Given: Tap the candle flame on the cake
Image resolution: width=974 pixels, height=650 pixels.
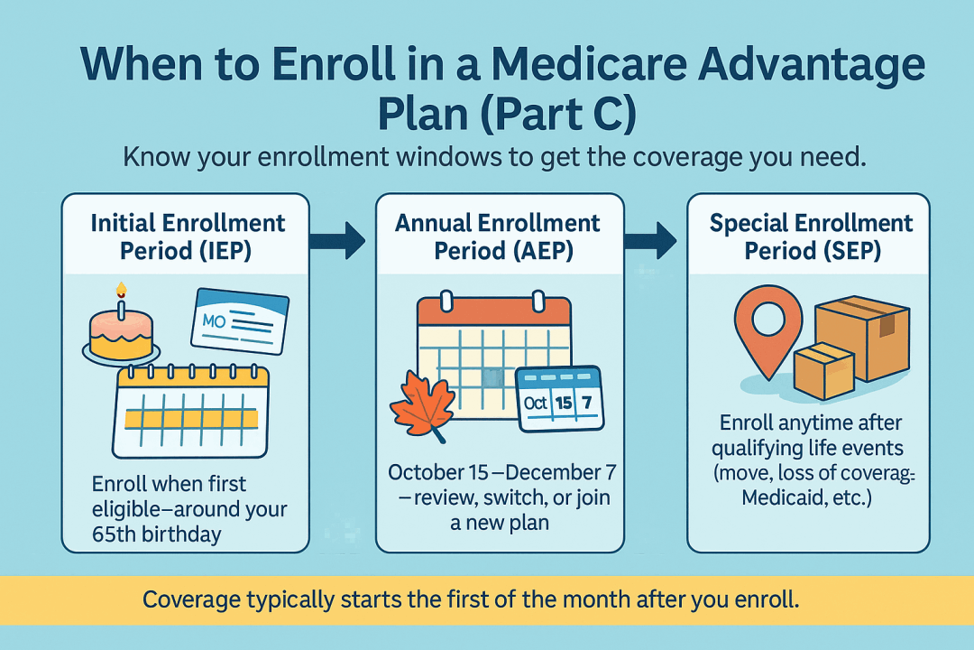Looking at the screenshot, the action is click(121, 289).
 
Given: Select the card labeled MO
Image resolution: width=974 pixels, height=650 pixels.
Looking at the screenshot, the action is click(240, 320).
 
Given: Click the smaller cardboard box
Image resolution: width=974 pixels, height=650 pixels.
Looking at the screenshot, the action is click(824, 370).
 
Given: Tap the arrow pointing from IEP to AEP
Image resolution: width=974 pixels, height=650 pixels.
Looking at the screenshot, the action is click(337, 239).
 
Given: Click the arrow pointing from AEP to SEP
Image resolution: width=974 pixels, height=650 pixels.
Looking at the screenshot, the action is click(650, 239).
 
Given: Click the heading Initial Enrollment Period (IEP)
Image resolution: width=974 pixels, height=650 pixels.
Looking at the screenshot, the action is click(187, 237).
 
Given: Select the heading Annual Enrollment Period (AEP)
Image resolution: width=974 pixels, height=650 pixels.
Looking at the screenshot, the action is click(498, 237).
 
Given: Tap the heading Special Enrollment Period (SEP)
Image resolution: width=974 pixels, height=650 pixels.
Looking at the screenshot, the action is click(812, 237).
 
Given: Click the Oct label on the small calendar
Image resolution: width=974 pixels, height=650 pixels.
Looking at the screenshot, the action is click(535, 403).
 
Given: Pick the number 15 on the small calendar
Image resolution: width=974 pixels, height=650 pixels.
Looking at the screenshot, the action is click(564, 403).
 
